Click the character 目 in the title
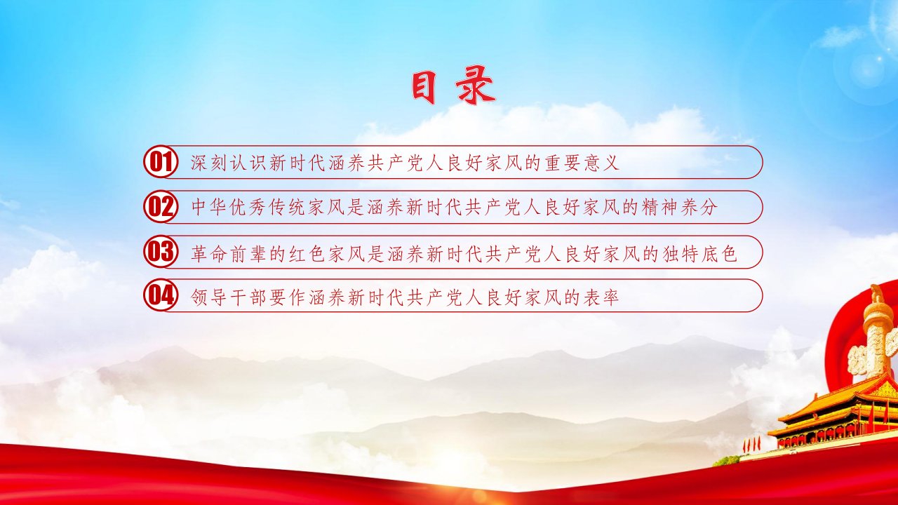[424, 88]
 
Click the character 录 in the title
[475, 88]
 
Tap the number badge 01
[161, 162]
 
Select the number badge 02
[161, 207]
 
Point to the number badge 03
[161, 252]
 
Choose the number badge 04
[161, 296]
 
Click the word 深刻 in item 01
[209, 163]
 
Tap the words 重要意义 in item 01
[582, 163]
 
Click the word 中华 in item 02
[209, 207]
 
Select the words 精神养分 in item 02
[680, 207]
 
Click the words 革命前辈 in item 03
[229, 254]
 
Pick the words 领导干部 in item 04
[229, 297]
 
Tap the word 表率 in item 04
[601, 297]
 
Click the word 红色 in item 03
[307, 254]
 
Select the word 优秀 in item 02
[248, 207]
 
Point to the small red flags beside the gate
[751, 444]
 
